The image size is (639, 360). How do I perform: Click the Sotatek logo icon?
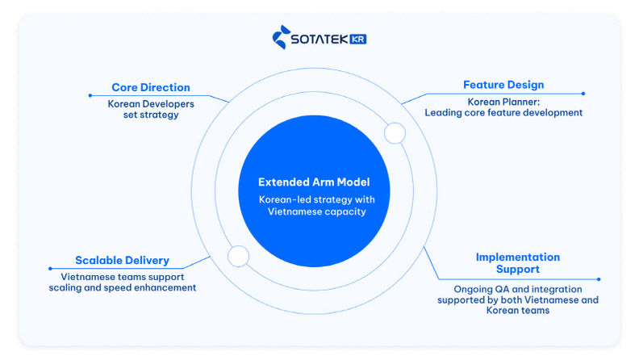coord(282,38)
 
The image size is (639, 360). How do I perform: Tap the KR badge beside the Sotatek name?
coord(358,39)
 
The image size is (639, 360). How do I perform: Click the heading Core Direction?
coord(151,87)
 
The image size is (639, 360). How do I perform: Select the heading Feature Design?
coord(503,85)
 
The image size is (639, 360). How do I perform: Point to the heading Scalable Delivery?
coord(122,261)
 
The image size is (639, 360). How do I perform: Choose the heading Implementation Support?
coord(517,263)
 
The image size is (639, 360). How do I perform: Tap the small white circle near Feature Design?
coord(395,133)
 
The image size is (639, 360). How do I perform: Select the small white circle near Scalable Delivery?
coord(238,256)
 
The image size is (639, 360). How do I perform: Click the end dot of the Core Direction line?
coord(90,95)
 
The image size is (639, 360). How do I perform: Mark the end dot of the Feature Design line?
coord(583,94)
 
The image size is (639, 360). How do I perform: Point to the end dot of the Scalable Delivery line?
coord(50,269)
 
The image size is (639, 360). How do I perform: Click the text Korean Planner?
coord(503,102)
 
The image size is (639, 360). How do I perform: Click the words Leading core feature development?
coord(503,113)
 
